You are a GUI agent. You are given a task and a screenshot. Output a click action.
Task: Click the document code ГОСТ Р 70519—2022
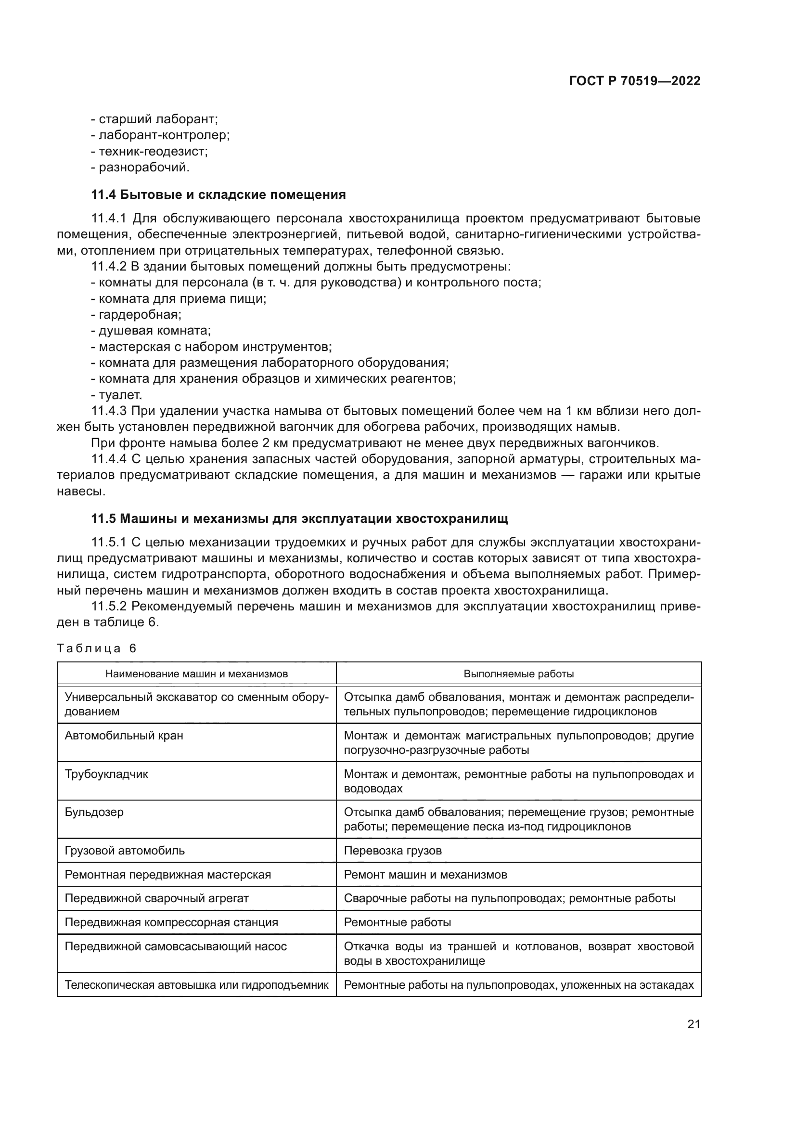point(635,81)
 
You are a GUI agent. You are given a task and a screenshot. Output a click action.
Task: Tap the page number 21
point(693,1024)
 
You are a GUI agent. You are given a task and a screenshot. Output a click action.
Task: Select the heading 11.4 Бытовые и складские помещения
point(218,194)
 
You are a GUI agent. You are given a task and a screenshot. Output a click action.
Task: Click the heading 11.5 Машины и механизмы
point(299,518)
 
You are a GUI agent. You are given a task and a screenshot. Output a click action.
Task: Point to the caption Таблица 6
point(97,648)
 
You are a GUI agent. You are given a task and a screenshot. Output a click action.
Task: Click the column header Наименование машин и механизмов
point(196,674)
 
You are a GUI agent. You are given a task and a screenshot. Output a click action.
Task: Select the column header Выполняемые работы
point(519,674)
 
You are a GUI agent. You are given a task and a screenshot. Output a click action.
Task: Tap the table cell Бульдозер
point(94,812)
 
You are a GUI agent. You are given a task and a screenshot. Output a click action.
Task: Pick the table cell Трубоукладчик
point(106,775)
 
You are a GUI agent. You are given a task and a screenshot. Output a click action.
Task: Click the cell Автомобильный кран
point(124,736)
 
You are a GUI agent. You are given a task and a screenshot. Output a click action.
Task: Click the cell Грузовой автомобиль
point(125,851)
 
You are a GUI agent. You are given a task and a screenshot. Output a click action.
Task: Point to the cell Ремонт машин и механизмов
point(425,875)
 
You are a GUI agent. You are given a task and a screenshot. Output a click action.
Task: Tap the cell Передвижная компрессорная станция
point(171,922)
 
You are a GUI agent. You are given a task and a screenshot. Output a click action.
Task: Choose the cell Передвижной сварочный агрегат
point(157,898)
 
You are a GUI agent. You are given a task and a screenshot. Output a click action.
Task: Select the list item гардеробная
point(140,314)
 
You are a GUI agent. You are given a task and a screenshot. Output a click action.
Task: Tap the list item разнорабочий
point(143,167)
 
